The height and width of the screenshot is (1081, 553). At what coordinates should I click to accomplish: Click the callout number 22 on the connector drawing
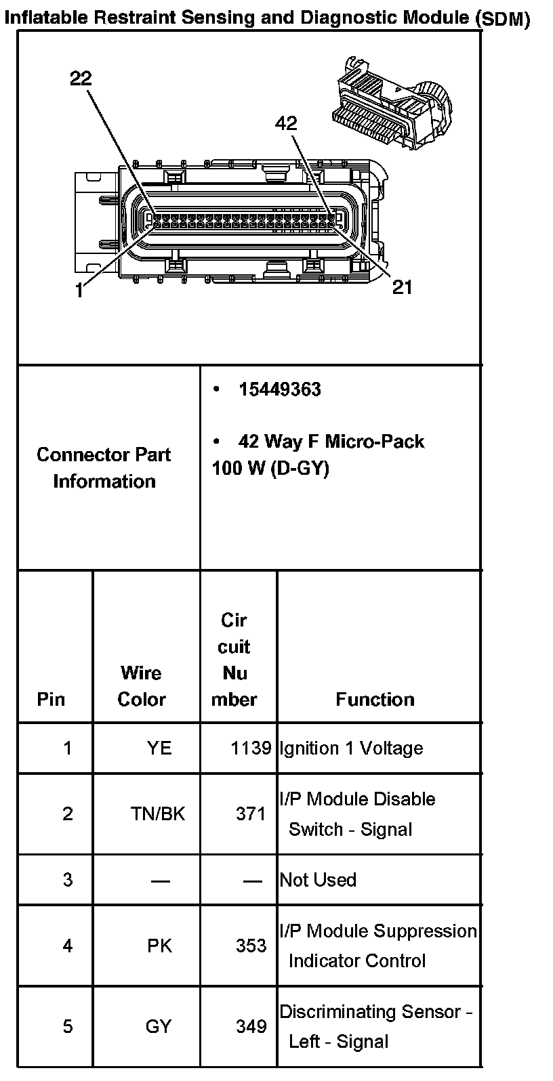81,79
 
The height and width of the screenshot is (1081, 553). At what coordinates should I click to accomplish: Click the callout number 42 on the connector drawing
286,123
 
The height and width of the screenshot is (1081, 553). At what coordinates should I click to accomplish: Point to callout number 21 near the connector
402,287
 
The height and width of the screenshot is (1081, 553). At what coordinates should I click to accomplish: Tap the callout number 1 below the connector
79,291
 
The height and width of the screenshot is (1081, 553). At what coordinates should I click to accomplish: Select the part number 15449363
279,389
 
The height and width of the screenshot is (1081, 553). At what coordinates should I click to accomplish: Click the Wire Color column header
142,686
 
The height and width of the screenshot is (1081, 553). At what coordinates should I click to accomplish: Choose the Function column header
375,699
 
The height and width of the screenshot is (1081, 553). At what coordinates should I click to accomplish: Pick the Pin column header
51,699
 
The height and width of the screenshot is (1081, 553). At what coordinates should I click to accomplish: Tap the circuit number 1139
250,748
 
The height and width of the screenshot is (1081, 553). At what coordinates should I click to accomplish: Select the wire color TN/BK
157,813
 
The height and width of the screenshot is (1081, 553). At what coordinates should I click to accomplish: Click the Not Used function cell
318,880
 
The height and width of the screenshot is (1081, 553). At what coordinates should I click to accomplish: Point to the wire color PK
159,946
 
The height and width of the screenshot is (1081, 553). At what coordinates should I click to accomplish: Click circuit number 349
251,1026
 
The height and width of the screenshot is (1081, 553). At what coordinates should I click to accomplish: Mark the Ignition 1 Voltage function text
351,748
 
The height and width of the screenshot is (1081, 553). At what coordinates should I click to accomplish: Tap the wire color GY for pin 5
159,1026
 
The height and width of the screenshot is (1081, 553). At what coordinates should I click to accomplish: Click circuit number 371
251,813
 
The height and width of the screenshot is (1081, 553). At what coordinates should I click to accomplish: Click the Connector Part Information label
104,467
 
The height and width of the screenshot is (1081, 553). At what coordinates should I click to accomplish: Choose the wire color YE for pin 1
159,748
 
